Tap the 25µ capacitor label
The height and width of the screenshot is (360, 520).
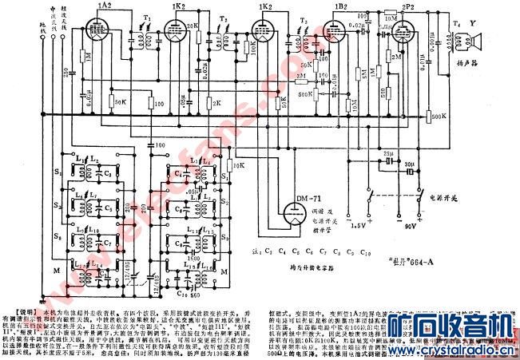click(x=389, y=151)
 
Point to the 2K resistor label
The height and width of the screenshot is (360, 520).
click(x=217, y=103)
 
